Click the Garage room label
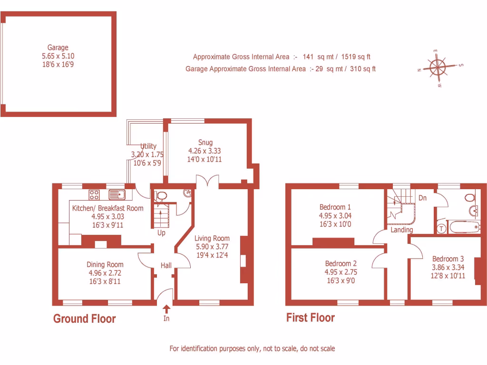[x=58, y=48]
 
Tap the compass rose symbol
[x=437, y=68]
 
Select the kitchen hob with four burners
[x=94, y=194]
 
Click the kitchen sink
[x=116, y=194]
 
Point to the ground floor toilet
[x=161, y=195]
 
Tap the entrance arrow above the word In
[x=166, y=308]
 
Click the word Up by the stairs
[x=161, y=233]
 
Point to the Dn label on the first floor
[x=422, y=198]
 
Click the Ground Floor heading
[x=84, y=318]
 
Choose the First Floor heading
[x=311, y=317]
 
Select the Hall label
[x=166, y=266]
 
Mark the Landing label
[x=402, y=230]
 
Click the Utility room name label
[x=148, y=146]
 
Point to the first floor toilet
[x=470, y=197]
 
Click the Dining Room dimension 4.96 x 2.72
[x=105, y=273]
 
